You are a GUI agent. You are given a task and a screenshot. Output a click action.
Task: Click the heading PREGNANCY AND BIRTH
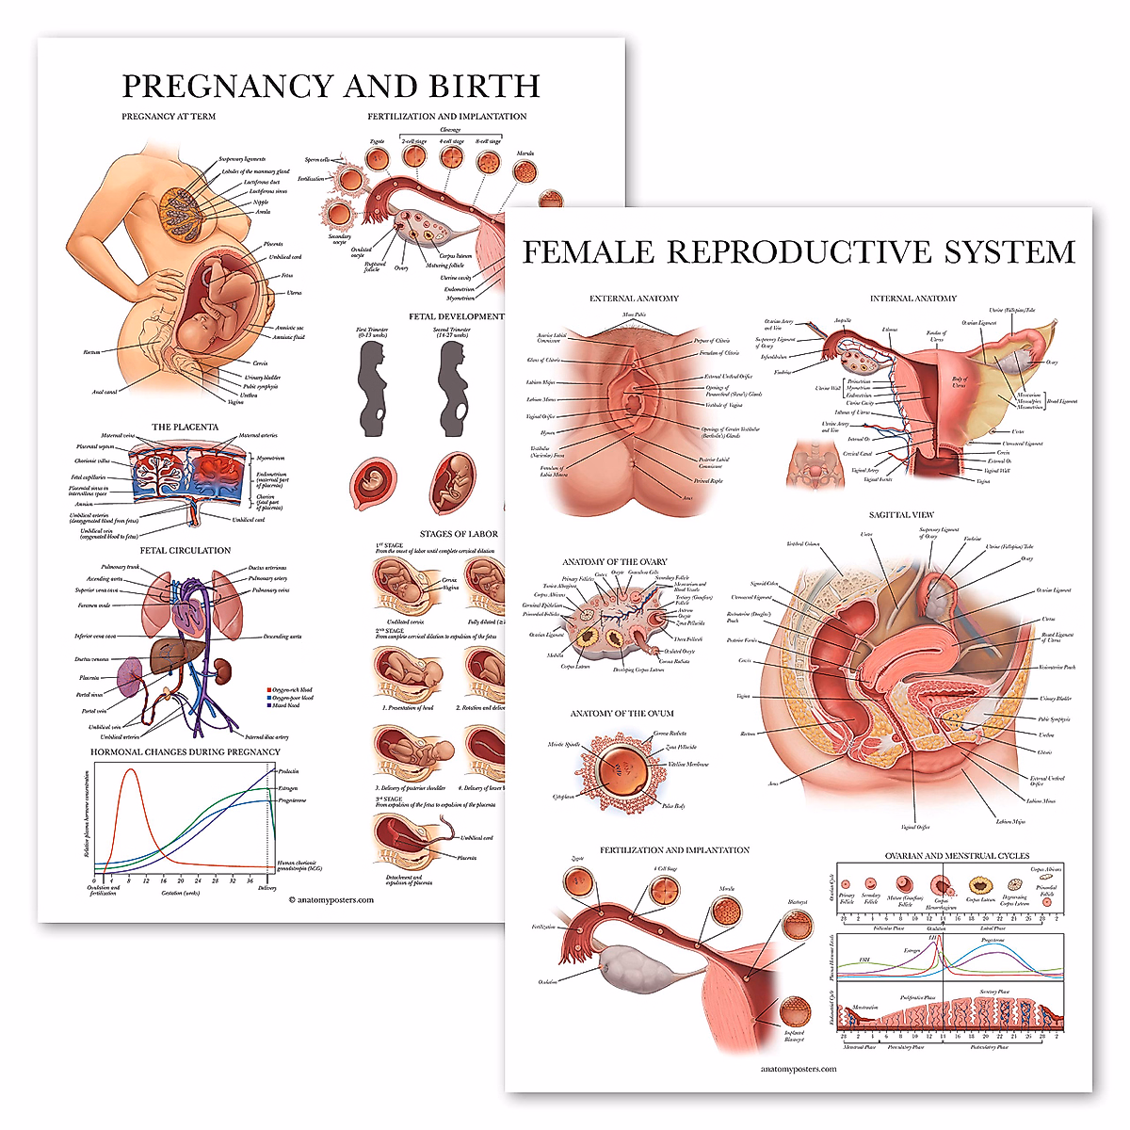coord(331,86)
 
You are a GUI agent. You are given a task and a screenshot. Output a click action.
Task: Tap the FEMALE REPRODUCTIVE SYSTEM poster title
coord(799,252)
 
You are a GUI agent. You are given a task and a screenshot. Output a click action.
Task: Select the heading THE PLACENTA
coord(185,427)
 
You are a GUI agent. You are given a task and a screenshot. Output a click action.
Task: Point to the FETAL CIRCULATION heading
coord(186,550)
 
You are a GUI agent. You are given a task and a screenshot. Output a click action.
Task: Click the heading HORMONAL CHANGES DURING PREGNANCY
coord(186,751)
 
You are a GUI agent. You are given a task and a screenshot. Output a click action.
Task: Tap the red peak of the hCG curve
coord(131,772)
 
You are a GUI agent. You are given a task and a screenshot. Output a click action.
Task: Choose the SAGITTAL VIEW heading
coord(901,515)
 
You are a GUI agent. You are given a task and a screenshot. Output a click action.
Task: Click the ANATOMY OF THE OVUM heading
coord(621,713)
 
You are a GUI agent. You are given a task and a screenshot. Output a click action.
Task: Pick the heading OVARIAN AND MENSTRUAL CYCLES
coord(957,856)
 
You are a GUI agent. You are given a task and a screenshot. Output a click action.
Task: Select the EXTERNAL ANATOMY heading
coord(634,299)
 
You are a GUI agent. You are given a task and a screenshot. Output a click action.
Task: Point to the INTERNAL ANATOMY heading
coord(912,299)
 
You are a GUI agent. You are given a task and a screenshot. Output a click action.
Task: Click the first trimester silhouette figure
coord(372,386)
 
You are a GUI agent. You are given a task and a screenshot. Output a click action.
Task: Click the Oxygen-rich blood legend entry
coord(290,690)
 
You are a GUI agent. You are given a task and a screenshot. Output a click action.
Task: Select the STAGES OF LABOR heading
coord(459,534)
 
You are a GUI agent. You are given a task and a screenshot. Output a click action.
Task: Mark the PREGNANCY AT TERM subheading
coord(169,117)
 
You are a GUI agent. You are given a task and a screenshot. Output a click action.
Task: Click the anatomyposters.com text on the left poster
coord(331,899)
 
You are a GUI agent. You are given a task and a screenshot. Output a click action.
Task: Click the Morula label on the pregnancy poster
coord(525,153)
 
